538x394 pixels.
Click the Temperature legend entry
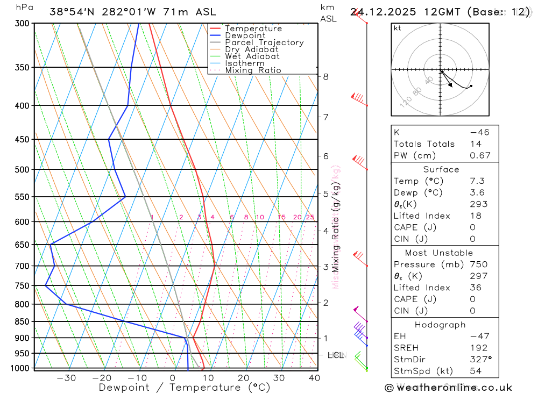coord(253,28)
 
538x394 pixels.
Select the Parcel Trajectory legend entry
coord(264,42)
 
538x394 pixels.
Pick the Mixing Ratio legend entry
coord(253,70)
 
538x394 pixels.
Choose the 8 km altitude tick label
coord(326,77)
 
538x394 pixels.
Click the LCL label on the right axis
coord(335,355)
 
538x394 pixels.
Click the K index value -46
coord(479,132)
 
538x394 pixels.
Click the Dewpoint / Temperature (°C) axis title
coord(185,387)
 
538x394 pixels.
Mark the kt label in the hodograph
coord(398,28)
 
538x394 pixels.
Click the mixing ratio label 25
coord(310,217)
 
